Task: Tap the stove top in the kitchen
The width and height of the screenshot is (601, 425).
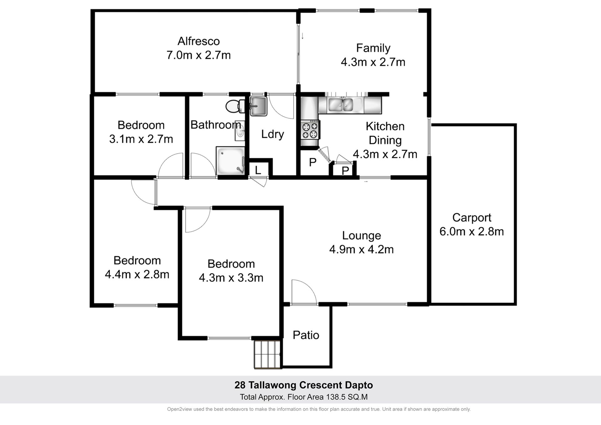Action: point(310,130)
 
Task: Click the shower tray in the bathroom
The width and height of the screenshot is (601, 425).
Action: point(230,161)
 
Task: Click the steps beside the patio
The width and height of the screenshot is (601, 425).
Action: point(267,354)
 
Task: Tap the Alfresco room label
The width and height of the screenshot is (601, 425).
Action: point(198,41)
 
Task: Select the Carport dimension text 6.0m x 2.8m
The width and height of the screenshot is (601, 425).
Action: point(471,231)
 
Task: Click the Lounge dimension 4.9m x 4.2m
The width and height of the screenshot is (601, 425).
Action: point(361,249)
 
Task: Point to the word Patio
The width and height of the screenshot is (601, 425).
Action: point(306,335)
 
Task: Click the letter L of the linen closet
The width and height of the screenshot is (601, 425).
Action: point(258,170)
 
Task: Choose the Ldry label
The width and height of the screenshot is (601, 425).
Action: point(273,134)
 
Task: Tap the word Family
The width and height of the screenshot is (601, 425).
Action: point(373,48)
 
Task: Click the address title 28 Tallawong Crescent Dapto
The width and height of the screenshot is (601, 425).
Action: point(304,385)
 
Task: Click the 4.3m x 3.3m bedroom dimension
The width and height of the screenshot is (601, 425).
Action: point(231,278)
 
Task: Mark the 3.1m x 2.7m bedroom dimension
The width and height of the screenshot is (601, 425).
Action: point(141,139)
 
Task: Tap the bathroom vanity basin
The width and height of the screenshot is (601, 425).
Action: point(240,131)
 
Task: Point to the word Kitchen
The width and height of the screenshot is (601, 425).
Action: point(385,127)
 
